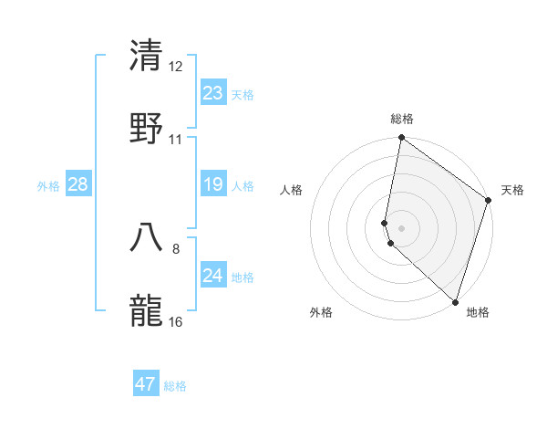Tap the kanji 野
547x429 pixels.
pos(147,128)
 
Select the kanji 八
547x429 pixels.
pos(147,236)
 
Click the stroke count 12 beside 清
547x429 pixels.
pos(176,67)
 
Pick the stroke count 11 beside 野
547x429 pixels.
pos(176,140)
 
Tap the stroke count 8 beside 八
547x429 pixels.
pos(176,248)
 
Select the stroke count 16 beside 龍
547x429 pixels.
pos(176,322)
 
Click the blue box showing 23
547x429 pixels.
pos(213,93)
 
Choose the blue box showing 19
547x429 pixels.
pos(213,185)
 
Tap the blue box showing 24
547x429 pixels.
pos(213,276)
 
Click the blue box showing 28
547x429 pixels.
pos(78,185)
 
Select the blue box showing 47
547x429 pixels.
pos(146,384)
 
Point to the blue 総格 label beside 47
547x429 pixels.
pos(175,386)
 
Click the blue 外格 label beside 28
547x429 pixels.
pos(48,186)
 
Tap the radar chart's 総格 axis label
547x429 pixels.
pos(402,119)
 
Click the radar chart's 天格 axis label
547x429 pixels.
pos(512,190)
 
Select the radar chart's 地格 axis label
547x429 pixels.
pos(478,312)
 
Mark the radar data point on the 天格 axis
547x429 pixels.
pos(489,202)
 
